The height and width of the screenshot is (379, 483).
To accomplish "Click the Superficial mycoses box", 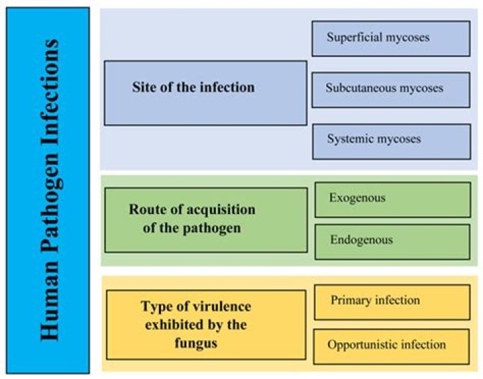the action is point(391,39).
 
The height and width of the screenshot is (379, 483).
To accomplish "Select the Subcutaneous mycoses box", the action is point(391,90).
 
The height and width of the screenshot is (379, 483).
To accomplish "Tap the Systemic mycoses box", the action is point(392,142).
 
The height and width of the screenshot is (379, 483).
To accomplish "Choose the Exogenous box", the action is point(392,200).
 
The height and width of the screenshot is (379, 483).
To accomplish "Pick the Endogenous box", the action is point(392,242).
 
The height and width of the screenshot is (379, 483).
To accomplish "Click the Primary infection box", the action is point(392,303).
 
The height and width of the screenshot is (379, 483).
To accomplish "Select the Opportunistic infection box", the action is point(391,347).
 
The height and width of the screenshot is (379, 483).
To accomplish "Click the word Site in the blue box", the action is point(144,87).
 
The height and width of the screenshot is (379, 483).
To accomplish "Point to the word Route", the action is point(148,209).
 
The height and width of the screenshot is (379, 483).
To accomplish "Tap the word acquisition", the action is point(221,210).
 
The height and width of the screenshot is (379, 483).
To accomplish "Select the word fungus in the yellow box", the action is point(196,343).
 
